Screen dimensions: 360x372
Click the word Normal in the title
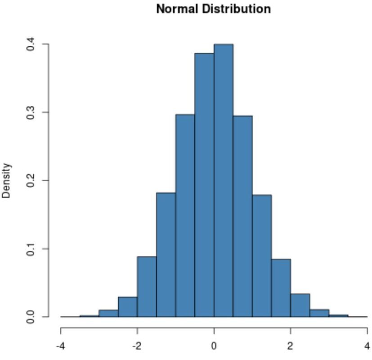(x=176, y=9)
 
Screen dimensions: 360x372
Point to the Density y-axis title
(x=6, y=180)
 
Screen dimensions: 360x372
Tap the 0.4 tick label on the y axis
(x=31, y=45)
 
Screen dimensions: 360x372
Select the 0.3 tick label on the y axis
(x=31, y=112)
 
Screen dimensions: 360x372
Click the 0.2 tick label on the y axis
(x=31, y=180)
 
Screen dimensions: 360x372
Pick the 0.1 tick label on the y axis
(x=31, y=248)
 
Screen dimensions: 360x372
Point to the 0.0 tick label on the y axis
(x=31, y=316)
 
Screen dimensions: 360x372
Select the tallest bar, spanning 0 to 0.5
(x=224, y=180)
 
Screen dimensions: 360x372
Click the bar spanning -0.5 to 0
(x=204, y=184)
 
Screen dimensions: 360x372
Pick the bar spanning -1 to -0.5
(x=185, y=216)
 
